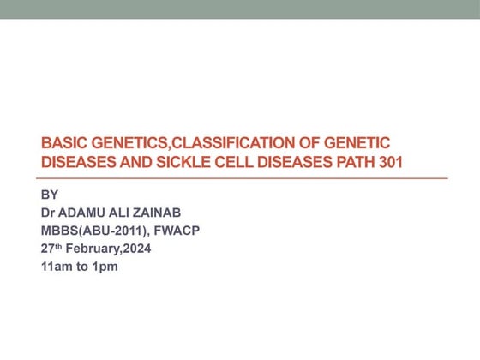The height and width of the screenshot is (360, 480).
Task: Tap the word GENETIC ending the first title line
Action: click(x=363, y=143)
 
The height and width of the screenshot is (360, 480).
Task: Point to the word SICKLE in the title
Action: click(x=177, y=162)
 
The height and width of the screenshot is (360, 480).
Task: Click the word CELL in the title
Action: click(x=225, y=162)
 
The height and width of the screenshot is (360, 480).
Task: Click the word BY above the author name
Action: click(x=50, y=194)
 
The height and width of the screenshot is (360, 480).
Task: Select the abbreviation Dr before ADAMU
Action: click(x=50, y=212)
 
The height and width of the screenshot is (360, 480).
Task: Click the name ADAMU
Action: click(x=87, y=212)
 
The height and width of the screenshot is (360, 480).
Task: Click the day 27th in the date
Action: click(x=52, y=248)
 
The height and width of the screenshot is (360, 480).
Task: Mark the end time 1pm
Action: click(x=105, y=267)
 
